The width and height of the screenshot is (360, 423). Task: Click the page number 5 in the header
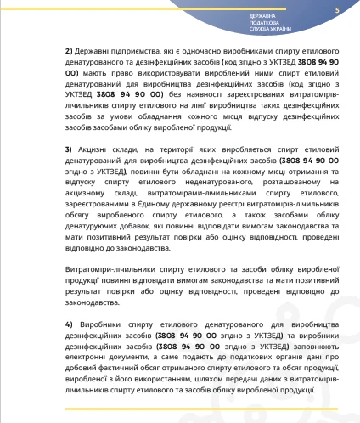click(337, 9)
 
